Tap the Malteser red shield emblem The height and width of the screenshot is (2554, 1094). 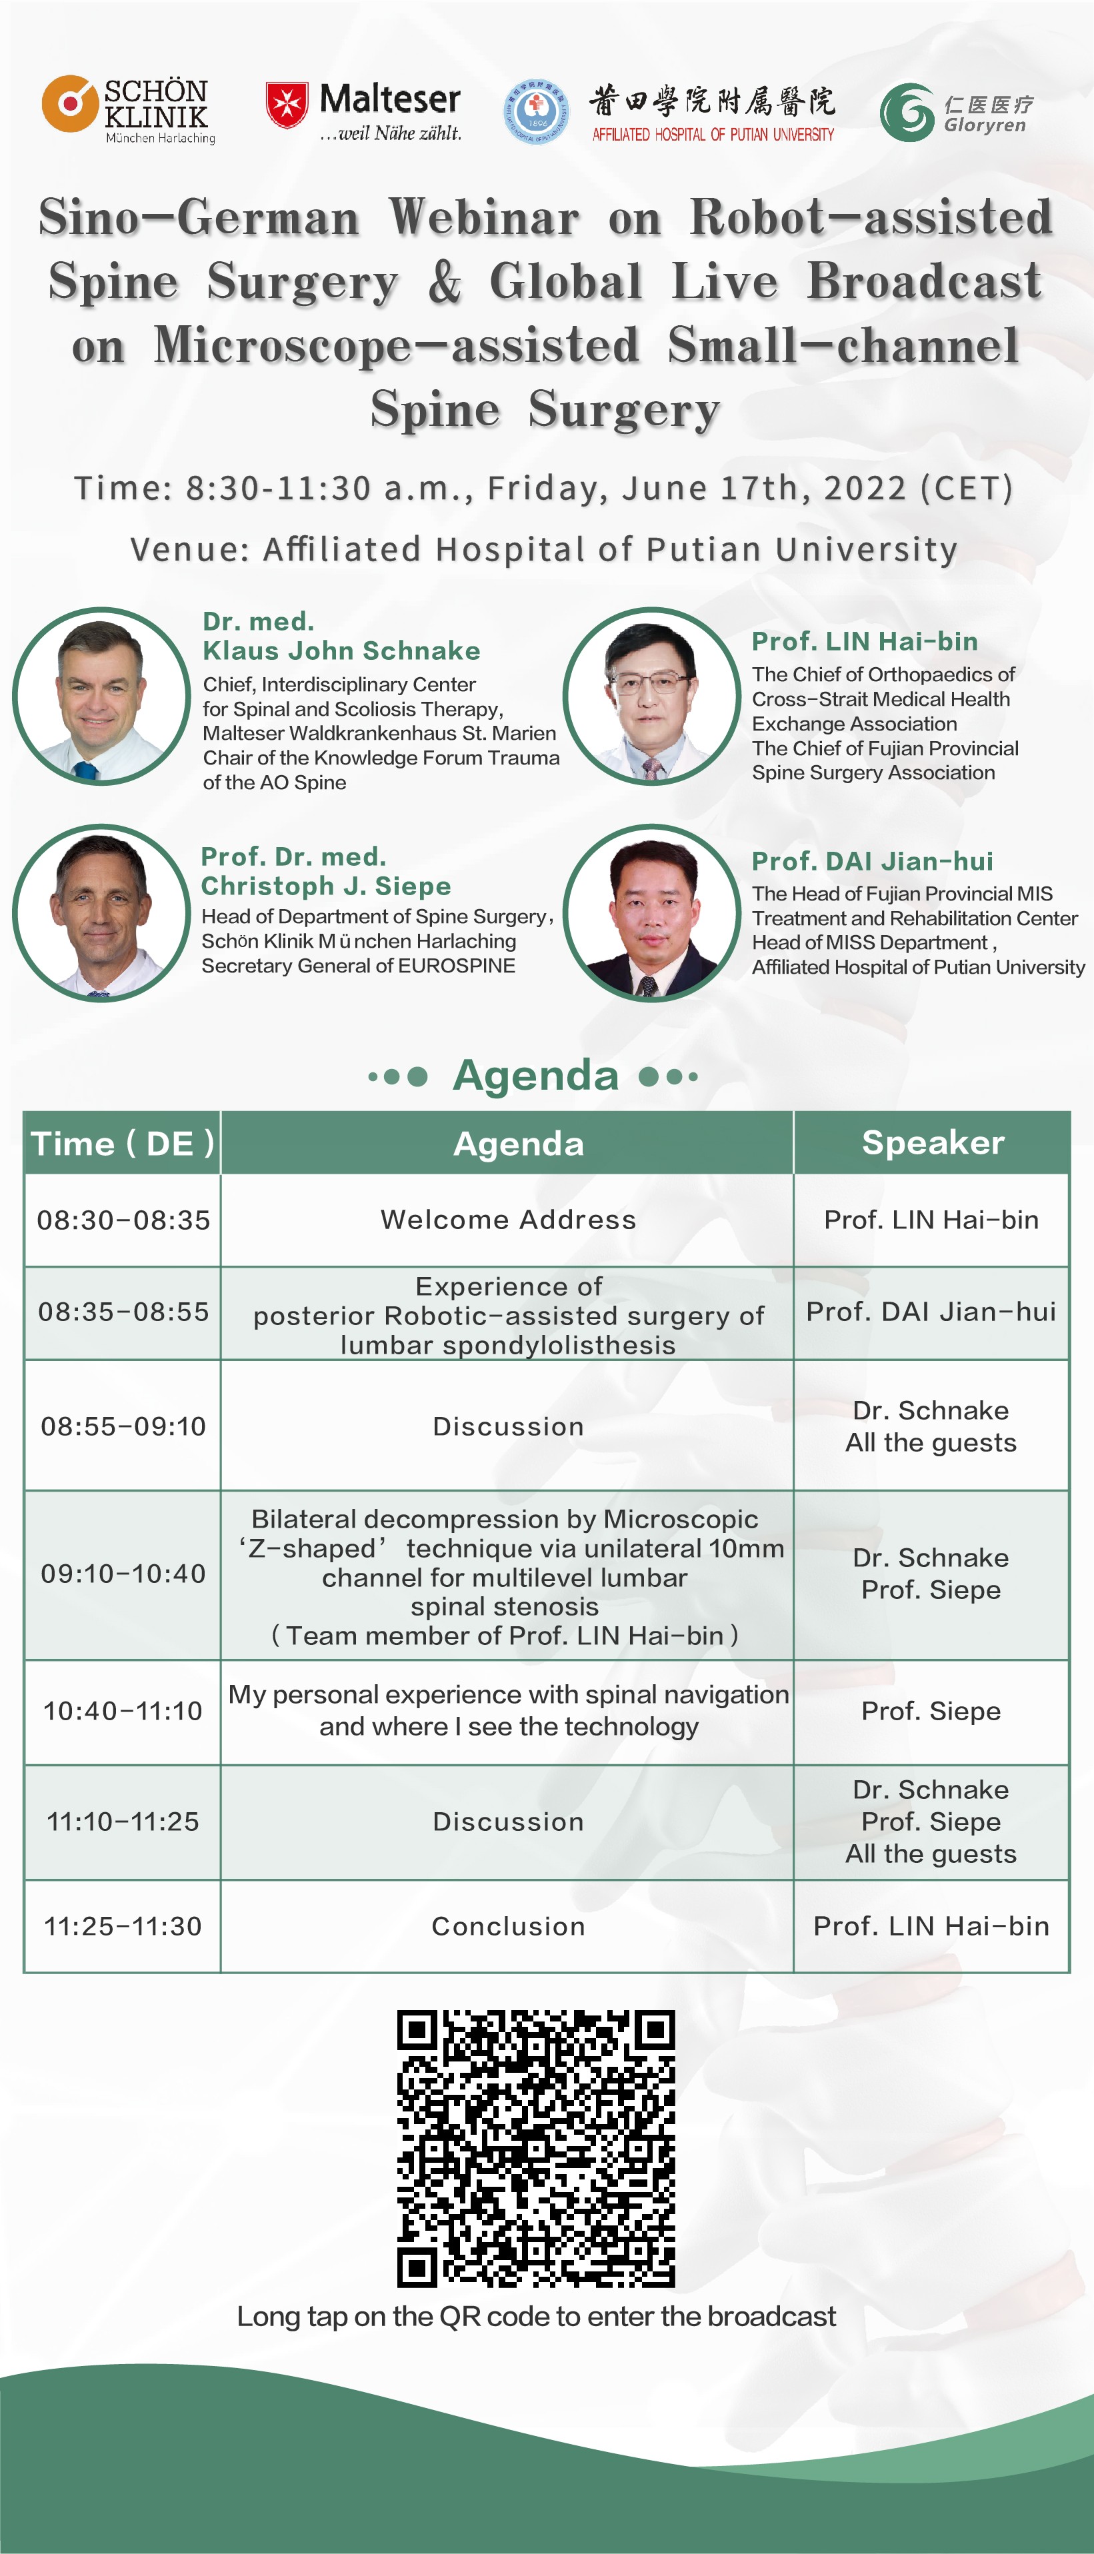287,105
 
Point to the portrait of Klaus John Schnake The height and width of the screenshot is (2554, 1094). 101,696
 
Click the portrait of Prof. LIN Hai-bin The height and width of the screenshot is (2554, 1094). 651,696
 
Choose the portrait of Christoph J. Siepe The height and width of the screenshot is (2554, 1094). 101,913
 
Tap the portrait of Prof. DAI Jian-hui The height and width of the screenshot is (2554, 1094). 651,913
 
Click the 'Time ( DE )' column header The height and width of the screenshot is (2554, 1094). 122,1143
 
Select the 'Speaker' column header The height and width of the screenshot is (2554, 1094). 932,1142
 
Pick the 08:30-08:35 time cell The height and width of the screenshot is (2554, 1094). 123,1220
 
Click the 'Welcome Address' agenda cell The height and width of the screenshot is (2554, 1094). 508,1220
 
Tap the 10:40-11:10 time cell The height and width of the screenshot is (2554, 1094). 123,1712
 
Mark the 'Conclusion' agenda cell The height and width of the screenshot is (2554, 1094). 508,1926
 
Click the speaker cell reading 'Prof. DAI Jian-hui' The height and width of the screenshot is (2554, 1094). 931,1312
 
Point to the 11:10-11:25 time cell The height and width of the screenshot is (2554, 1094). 123,1822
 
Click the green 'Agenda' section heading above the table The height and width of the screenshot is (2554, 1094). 535,1076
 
